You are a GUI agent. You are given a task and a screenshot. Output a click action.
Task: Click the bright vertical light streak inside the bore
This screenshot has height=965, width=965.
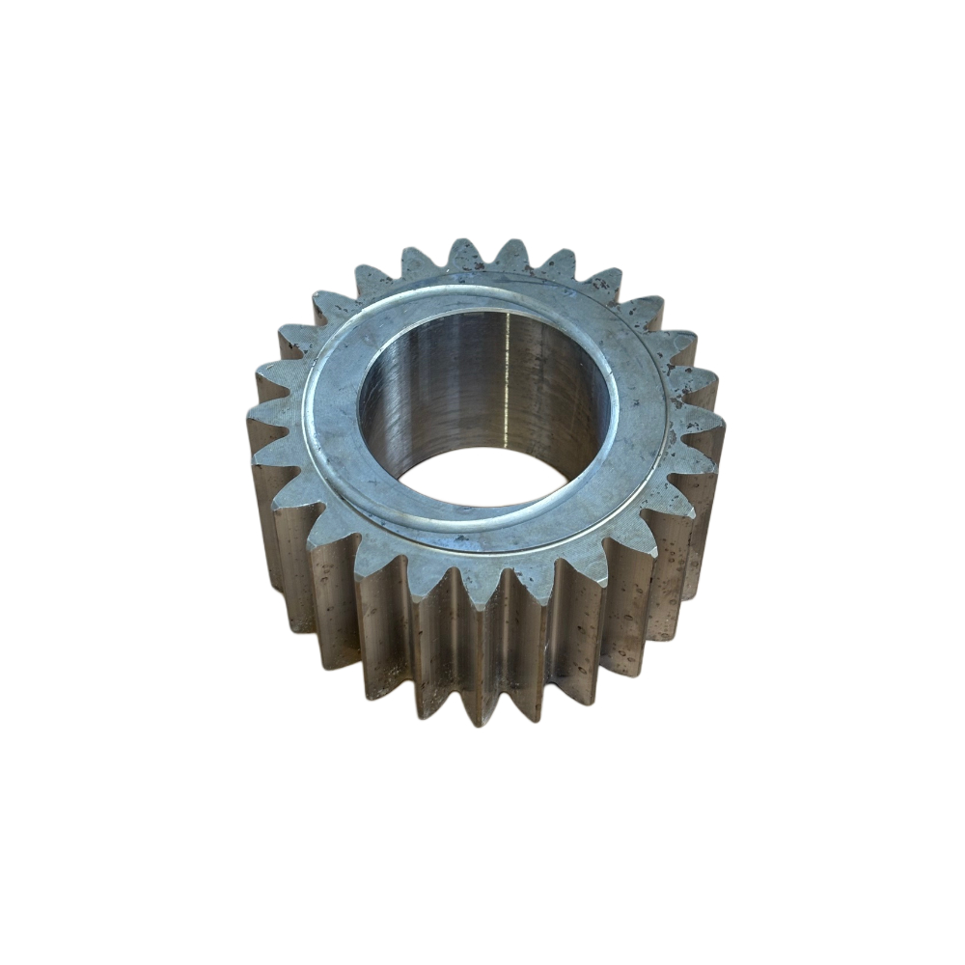(509, 386)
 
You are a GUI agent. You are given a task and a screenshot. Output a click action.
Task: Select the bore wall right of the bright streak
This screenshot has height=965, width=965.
(560, 396)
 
